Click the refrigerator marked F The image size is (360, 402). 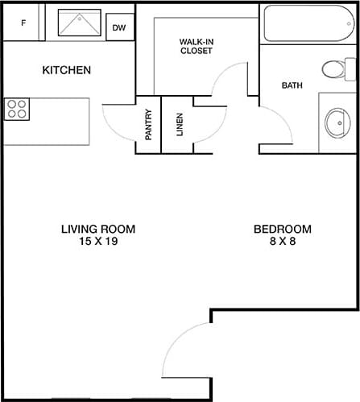[x=23, y=23]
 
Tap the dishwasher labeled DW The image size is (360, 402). [x=119, y=27]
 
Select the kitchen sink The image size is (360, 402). [x=79, y=23]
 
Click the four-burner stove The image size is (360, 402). [x=17, y=109]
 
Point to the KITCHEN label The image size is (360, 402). [x=66, y=71]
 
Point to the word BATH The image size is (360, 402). [x=292, y=85]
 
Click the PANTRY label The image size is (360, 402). [x=148, y=125]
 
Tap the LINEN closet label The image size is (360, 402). [x=179, y=125]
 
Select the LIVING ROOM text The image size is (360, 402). [x=98, y=230]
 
